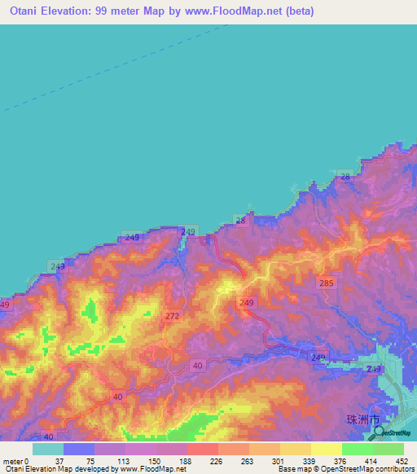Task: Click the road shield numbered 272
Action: [172, 315]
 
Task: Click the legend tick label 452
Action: [402, 460]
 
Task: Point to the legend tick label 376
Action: [341, 460]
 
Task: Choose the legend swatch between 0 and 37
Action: [48, 449]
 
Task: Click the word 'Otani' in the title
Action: [27, 11]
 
